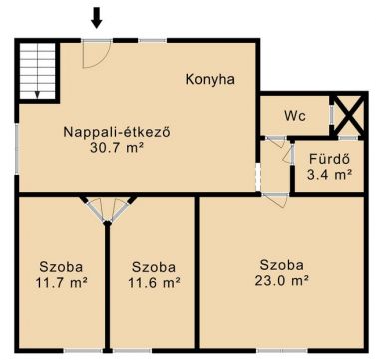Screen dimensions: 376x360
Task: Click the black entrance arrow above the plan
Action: (x=97, y=18)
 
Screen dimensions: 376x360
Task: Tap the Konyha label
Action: (x=210, y=80)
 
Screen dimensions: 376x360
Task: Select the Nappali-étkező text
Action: (x=117, y=132)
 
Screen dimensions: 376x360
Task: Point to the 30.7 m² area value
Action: (x=117, y=147)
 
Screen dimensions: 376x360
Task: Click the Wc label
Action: (x=295, y=116)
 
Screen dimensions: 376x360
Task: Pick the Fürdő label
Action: (x=329, y=159)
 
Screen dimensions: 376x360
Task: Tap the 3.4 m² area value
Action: (x=329, y=174)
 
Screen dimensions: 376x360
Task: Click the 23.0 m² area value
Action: (x=281, y=281)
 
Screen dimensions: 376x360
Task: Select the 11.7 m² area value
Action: (x=61, y=282)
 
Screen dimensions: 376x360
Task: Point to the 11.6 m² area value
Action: (x=154, y=282)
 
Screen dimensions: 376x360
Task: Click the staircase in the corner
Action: (x=37, y=71)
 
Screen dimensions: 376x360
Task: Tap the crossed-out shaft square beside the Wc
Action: (x=348, y=115)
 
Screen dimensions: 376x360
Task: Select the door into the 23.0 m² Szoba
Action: (x=275, y=199)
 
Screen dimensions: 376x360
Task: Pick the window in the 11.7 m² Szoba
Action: (x=83, y=350)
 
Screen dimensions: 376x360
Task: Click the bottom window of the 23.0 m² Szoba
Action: (x=282, y=350)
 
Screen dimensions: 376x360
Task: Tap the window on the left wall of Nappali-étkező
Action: (x=17, y=149)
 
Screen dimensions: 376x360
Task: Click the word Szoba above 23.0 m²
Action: (x=281, y=265)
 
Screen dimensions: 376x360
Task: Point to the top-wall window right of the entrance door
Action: (x=153, y=41)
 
